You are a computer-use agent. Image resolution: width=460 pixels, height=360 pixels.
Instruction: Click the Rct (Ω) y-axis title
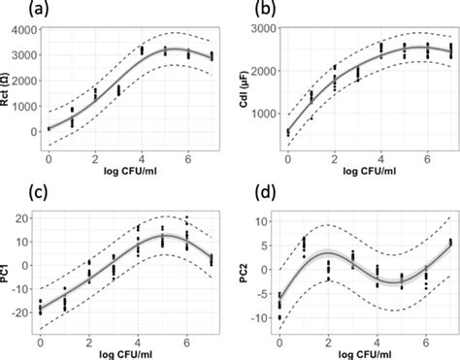pos(9,88)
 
